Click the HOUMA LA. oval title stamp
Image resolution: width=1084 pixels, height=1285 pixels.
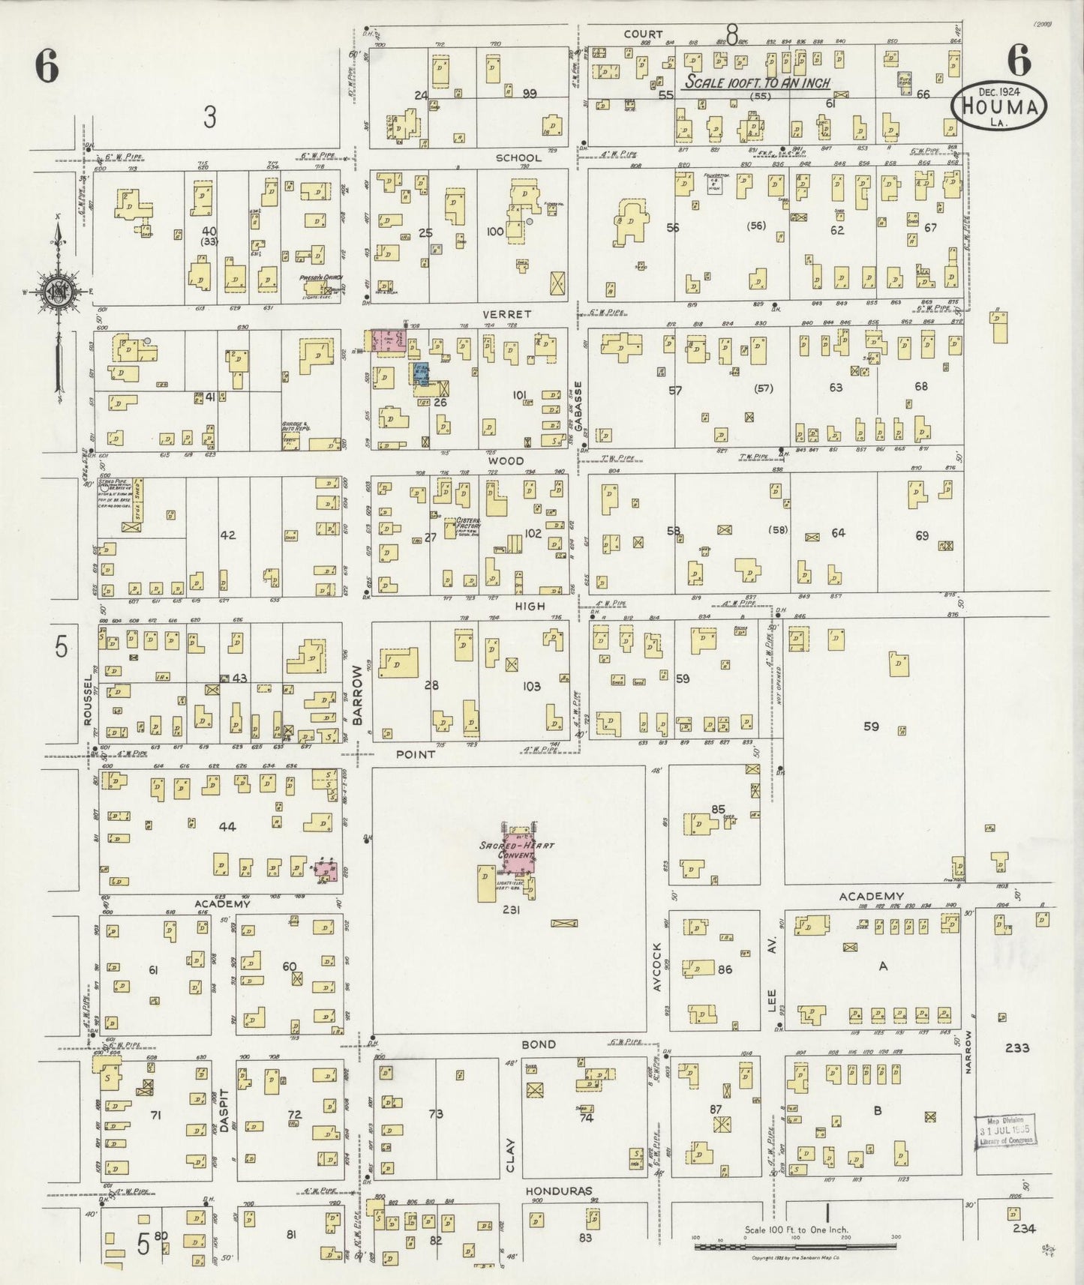[x=1000, y=106]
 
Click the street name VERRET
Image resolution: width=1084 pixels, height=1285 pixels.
[x=508, y=314]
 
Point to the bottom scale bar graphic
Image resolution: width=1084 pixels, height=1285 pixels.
[x=795, y=1246]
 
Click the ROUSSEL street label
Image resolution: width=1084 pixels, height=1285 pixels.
[x=89, y=698]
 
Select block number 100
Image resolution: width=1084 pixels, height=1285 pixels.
[x=495, y=232]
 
